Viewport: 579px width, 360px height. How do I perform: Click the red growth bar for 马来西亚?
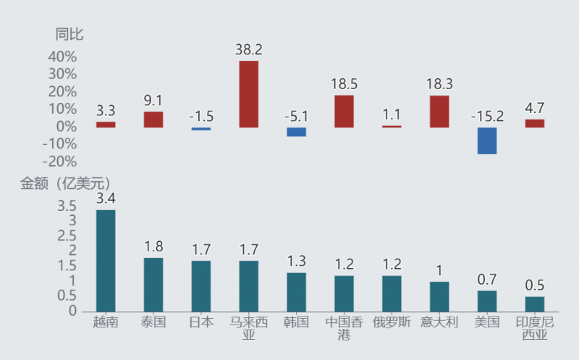[248, 94]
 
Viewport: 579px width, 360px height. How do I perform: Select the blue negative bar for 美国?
[487, 141]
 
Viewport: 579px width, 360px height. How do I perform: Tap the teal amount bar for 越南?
[106, 261]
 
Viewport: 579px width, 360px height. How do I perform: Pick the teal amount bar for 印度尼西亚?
[535, 304]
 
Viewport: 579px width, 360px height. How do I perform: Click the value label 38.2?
[248, 49]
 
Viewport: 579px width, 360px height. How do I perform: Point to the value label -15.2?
[487, 116]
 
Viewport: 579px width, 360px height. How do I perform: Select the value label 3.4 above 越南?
[106, 198]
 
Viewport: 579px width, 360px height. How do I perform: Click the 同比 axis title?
[70, 33]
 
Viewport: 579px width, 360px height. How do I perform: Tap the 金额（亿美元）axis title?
[65, 183]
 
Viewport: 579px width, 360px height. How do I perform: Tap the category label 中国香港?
[344, 328]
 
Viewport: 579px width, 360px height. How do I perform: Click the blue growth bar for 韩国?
[296, 132]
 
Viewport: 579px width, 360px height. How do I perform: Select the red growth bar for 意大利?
[439, 112]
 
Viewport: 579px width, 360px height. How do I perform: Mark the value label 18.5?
[344, 84]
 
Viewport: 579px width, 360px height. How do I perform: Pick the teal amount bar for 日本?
[200, 286]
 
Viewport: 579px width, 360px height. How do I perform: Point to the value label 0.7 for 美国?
[487, 280]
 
